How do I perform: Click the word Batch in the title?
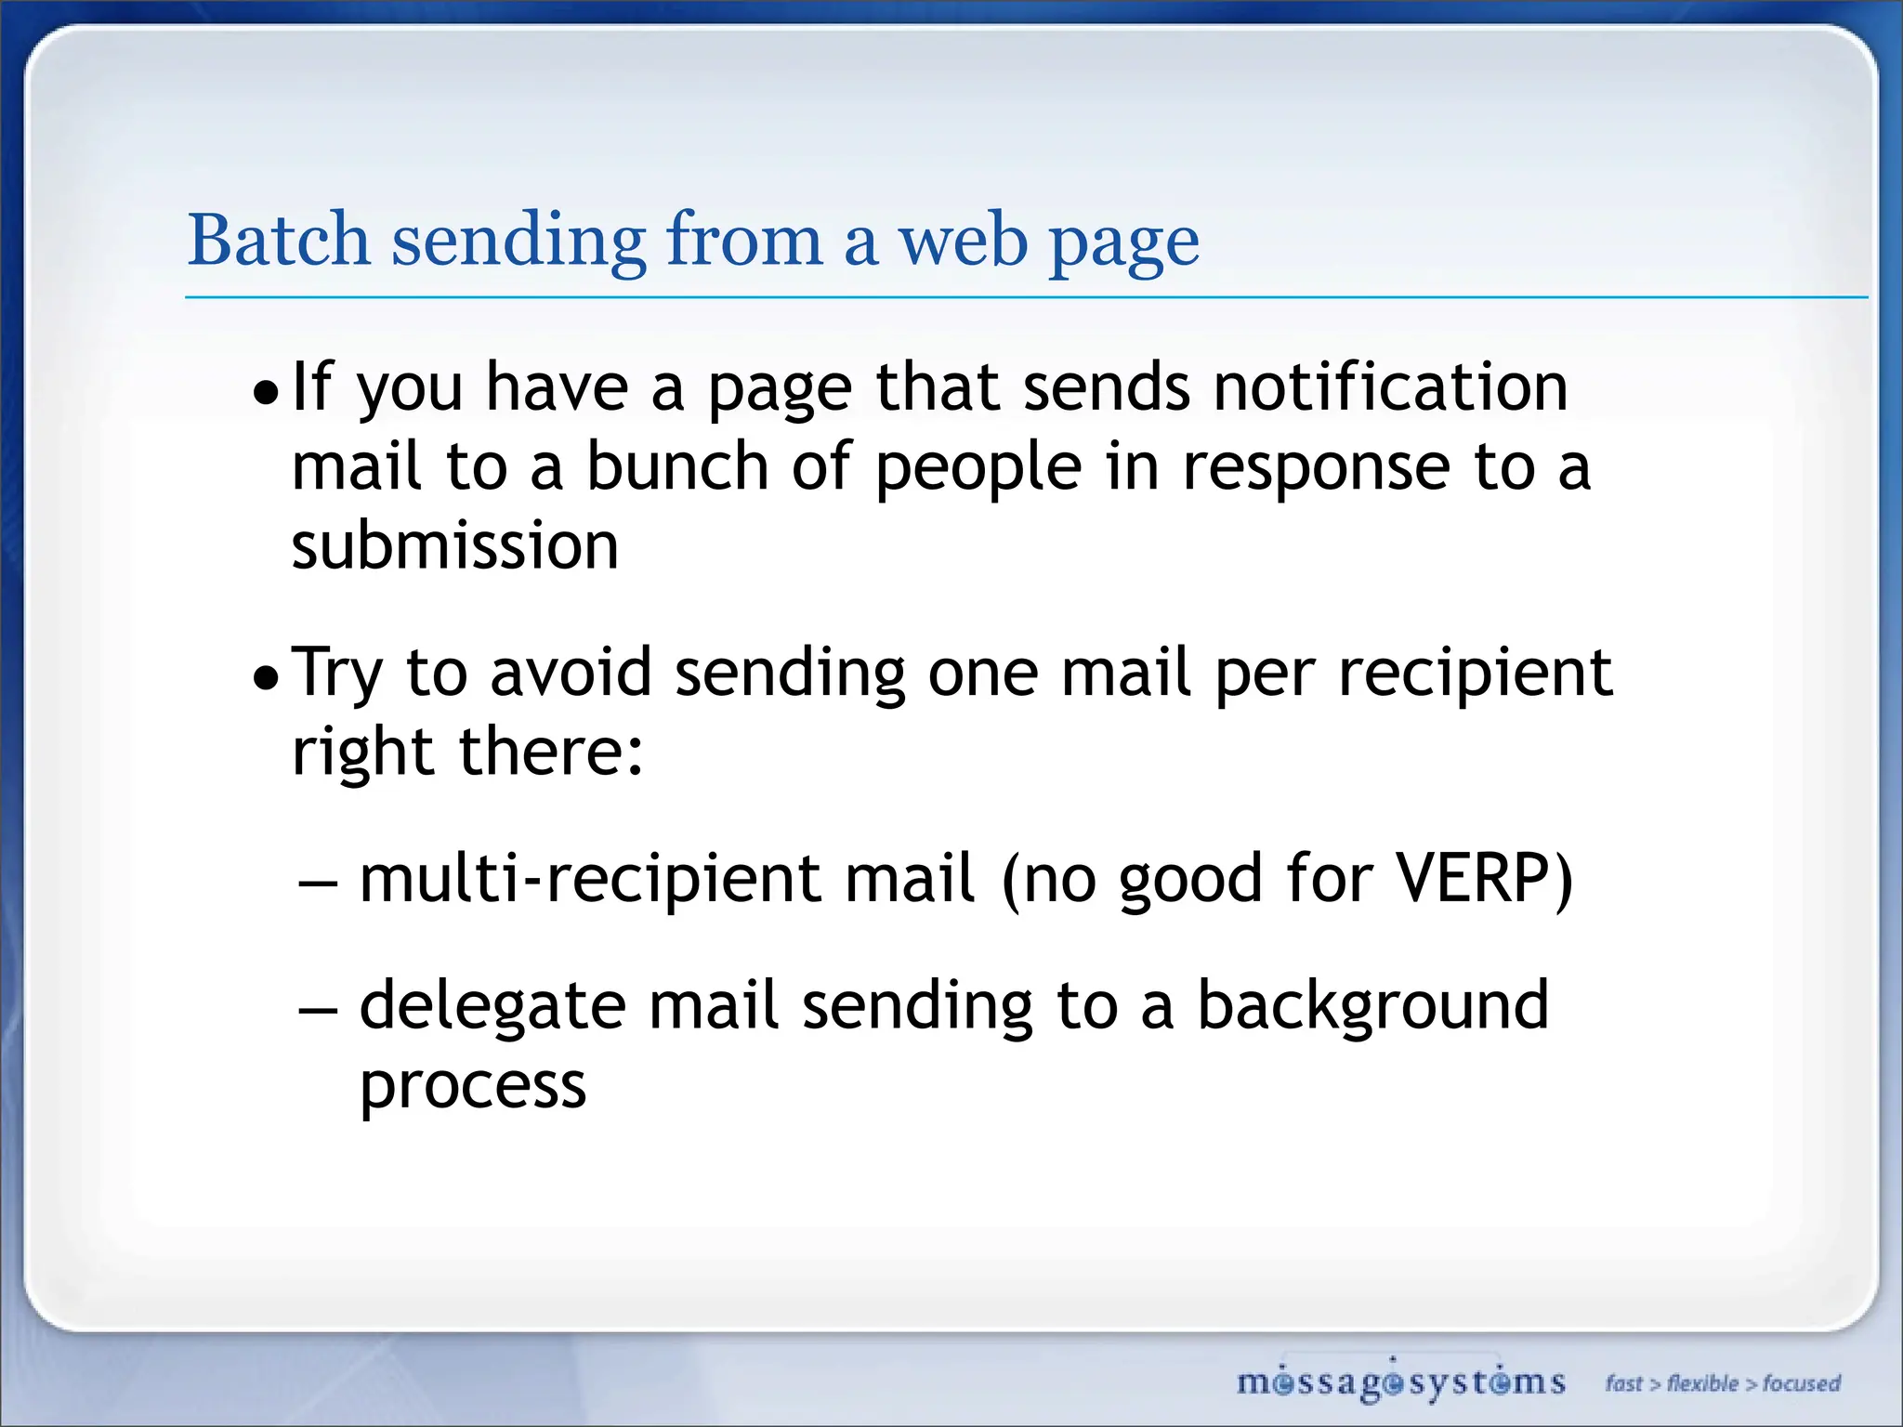(x=279, y=240)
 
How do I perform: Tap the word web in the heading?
(x=963, y=240)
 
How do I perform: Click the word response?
(x=1316, y=467)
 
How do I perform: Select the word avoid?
(x=571, y=672)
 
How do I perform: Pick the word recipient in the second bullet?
(x=1475, y=674)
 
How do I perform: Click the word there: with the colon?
(x=551, y=751)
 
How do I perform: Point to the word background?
(x=1372, y=1005)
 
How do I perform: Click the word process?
(x=473, y=1086)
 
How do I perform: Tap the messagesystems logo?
(x=1400, y=1382)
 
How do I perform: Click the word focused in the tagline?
(x=1802, y=1383)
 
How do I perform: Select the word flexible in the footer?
(x=1702, y=1383)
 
